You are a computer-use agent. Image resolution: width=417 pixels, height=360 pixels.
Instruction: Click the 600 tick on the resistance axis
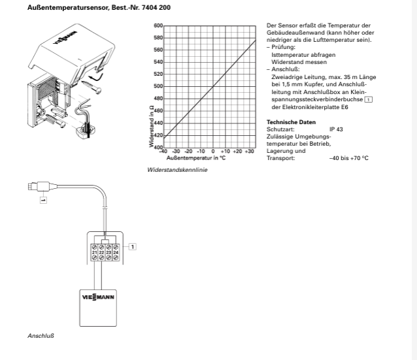coord(158,25)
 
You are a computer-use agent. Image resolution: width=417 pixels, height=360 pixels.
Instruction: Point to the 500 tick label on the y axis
coord(158,86)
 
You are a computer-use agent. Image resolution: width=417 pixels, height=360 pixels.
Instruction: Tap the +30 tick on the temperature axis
coord(249,152)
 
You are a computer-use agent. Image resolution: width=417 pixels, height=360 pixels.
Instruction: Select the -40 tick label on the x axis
coord(163,152)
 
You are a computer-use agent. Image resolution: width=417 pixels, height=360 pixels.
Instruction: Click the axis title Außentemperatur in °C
coord(196,158)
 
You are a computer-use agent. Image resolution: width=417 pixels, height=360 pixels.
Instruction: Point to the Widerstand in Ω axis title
coord(152,126)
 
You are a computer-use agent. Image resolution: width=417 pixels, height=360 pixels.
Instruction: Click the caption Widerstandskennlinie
coord(177,170)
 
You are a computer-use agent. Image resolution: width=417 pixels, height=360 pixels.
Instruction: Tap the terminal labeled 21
coord(94,252)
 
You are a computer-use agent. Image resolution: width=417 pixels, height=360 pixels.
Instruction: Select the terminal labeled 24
coord(116,252)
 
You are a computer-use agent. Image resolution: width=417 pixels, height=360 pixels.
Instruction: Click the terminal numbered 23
coord(108,252)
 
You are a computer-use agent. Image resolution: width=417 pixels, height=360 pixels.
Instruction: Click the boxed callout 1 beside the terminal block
coord(133,247)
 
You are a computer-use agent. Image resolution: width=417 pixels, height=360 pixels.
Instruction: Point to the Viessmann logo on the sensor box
coord(98,297)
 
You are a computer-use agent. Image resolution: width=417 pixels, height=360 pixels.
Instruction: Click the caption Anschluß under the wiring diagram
coord(41,336)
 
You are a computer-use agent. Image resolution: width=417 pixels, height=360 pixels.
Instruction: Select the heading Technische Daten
coord(292,122)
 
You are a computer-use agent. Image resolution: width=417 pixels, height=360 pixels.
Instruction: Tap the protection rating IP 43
coord(336,129)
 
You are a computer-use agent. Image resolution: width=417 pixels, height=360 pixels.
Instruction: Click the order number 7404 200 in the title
coord(156,7)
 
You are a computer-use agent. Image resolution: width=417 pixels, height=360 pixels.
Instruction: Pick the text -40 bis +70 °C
coord(349,158)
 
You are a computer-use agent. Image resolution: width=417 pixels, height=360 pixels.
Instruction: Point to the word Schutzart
coord(280,129)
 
